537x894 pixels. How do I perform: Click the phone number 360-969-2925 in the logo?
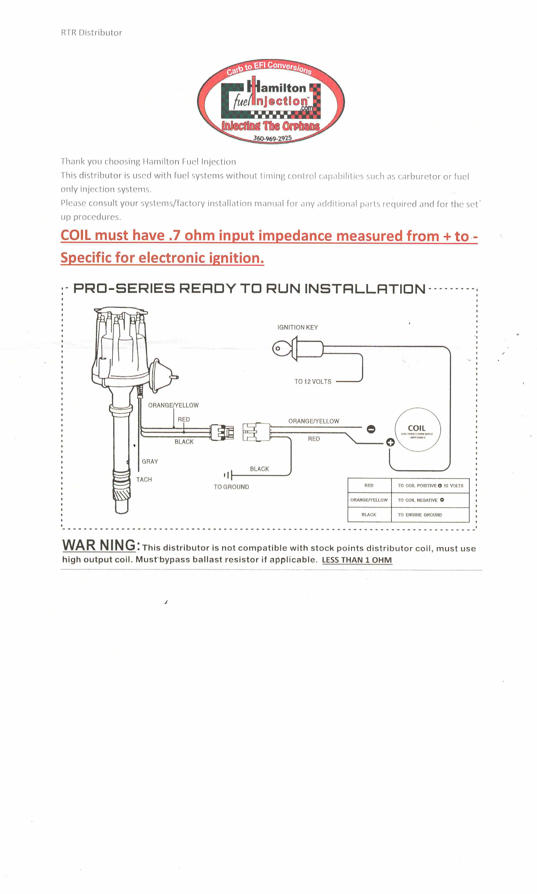point(272,138)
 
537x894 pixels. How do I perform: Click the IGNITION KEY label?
point(298,327)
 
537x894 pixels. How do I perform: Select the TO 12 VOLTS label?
point(313,381)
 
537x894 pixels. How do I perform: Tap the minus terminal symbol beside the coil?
point(371,429)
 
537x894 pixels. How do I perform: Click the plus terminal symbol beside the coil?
point(390,442)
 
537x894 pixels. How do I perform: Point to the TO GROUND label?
point(231,487)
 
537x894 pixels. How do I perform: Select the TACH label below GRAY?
point(144,479)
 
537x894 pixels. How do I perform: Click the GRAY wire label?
point(150,462)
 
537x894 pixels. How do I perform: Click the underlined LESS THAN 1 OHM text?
point(357,560)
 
